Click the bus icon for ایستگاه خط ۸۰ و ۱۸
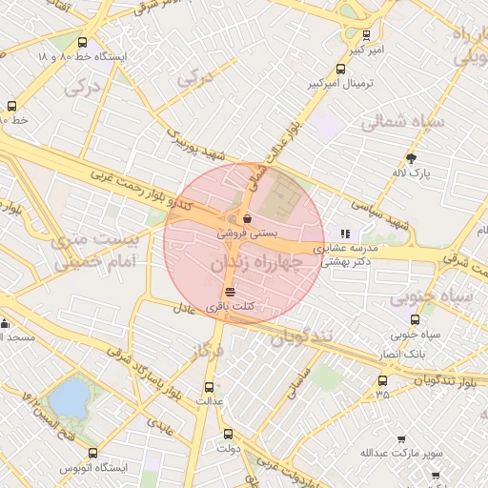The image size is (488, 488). (82, 43)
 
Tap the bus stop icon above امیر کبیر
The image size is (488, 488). (367, 35)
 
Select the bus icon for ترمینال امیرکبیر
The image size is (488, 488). (341, 69)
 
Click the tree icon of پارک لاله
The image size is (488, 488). (412, 158)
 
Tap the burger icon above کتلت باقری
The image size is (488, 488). (230, 292)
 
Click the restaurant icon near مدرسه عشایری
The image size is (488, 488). (345, 232)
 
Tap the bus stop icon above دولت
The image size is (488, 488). (227, 434)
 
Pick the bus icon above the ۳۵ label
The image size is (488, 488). (382, 380)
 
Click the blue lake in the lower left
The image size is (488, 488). (68, 399)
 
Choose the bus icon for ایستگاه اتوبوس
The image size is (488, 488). (92, 454)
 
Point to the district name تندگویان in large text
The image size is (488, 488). (304, 337)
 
